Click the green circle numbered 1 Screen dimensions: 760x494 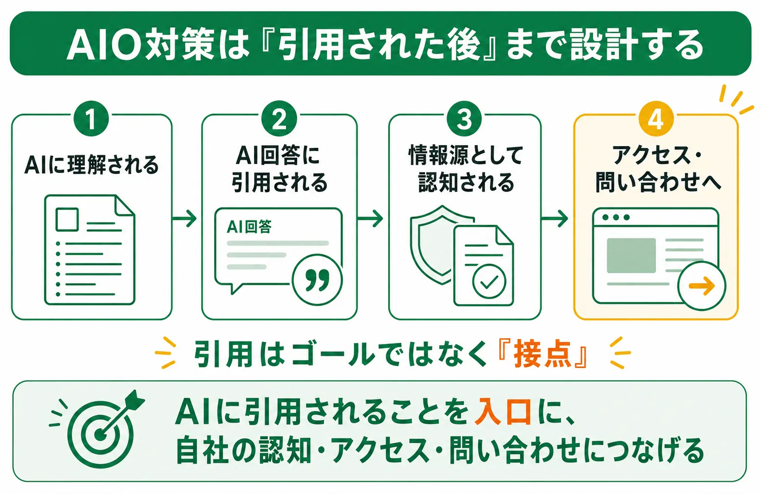[x=91, y=119]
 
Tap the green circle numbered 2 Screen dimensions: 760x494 [x=279, y=119]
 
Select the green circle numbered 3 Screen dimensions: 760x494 [x=464, y=119]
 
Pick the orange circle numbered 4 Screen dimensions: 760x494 [x=656, y=119]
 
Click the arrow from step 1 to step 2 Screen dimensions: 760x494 [x=185, y=218]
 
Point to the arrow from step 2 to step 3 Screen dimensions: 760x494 [x=370, y=218]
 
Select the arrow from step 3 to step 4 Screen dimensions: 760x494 [x=554, y=218]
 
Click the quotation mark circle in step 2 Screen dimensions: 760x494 [x=317, y=280]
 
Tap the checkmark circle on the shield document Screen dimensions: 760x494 [x=489, y=281]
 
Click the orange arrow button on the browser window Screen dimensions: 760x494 [x=702, y=286]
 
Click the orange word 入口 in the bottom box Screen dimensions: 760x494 [x=503, y=412]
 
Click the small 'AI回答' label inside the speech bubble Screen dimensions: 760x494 [x=249, y=226]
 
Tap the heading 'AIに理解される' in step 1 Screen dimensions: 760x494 [x=91, y=165]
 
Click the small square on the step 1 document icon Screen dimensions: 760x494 [x=67, y=219]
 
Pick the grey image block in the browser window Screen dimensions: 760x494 [x=631, y=256]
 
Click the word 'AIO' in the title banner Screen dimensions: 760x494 [x=104, y=44]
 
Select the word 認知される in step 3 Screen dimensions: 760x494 [x=466, y=183]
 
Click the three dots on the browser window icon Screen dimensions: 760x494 [x=616, y=217]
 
